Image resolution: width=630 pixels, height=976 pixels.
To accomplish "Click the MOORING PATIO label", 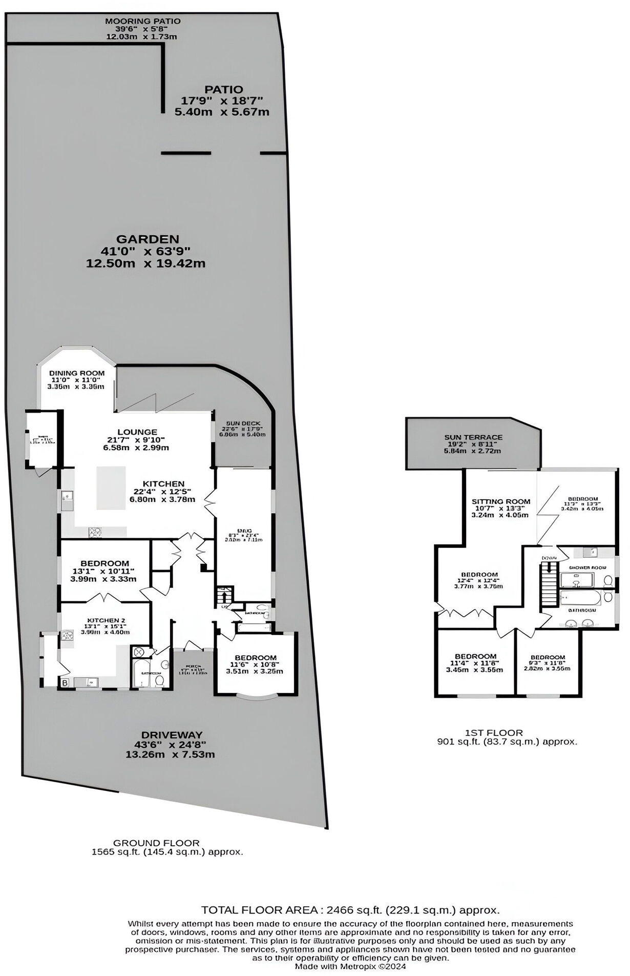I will coord(142,21).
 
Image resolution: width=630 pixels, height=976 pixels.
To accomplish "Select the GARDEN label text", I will coord(148,239).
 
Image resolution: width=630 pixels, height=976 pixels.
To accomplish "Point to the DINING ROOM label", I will coord(77,373).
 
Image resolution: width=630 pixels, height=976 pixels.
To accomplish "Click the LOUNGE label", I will coord(136,432).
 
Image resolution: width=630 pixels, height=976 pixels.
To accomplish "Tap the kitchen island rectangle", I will coord(111,487).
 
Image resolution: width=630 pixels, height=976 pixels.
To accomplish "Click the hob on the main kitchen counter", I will coord(95,532).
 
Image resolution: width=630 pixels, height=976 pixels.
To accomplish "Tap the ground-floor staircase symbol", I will coord(224,596).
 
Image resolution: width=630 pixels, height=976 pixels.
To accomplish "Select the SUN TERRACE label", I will coord(473,437).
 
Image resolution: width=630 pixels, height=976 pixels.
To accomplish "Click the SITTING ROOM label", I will coord(500,501).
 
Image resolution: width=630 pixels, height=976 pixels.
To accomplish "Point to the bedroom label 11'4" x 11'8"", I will coord(475,656).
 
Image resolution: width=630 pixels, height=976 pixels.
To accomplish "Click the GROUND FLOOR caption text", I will coord(156,843).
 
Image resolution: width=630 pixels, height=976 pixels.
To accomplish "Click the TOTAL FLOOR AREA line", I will coord(350,910).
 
